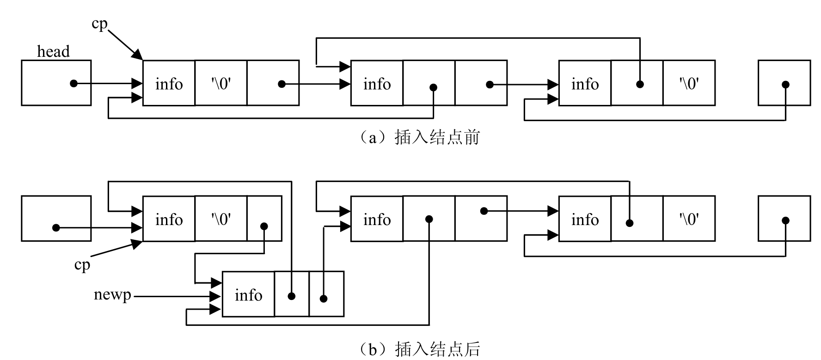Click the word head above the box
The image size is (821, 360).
[53, 51]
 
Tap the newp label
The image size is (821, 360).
[112, 294]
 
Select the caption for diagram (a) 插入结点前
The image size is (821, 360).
[420, 137]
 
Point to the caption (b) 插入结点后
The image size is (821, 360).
[420, 348]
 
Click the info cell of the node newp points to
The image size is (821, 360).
[248, 295]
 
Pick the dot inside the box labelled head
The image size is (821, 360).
[74, 84]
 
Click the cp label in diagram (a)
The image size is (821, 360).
[99, 24]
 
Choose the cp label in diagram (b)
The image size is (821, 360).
[82, 264]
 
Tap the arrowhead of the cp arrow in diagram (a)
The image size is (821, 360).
[138, 55]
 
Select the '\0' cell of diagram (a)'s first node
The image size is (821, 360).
[221, 84]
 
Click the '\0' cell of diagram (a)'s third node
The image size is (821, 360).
[689, 84]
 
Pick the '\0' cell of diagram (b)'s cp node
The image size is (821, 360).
[221, 219]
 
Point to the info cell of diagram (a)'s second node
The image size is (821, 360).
[377, 84]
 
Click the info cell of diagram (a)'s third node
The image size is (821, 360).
[585, 84]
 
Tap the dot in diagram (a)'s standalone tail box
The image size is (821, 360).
[785, 85]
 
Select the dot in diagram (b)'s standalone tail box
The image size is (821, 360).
[785, 220]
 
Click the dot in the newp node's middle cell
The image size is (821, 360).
[291, 296]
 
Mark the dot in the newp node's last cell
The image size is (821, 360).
[324, 299]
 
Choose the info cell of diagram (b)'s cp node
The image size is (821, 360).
[169, 219]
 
